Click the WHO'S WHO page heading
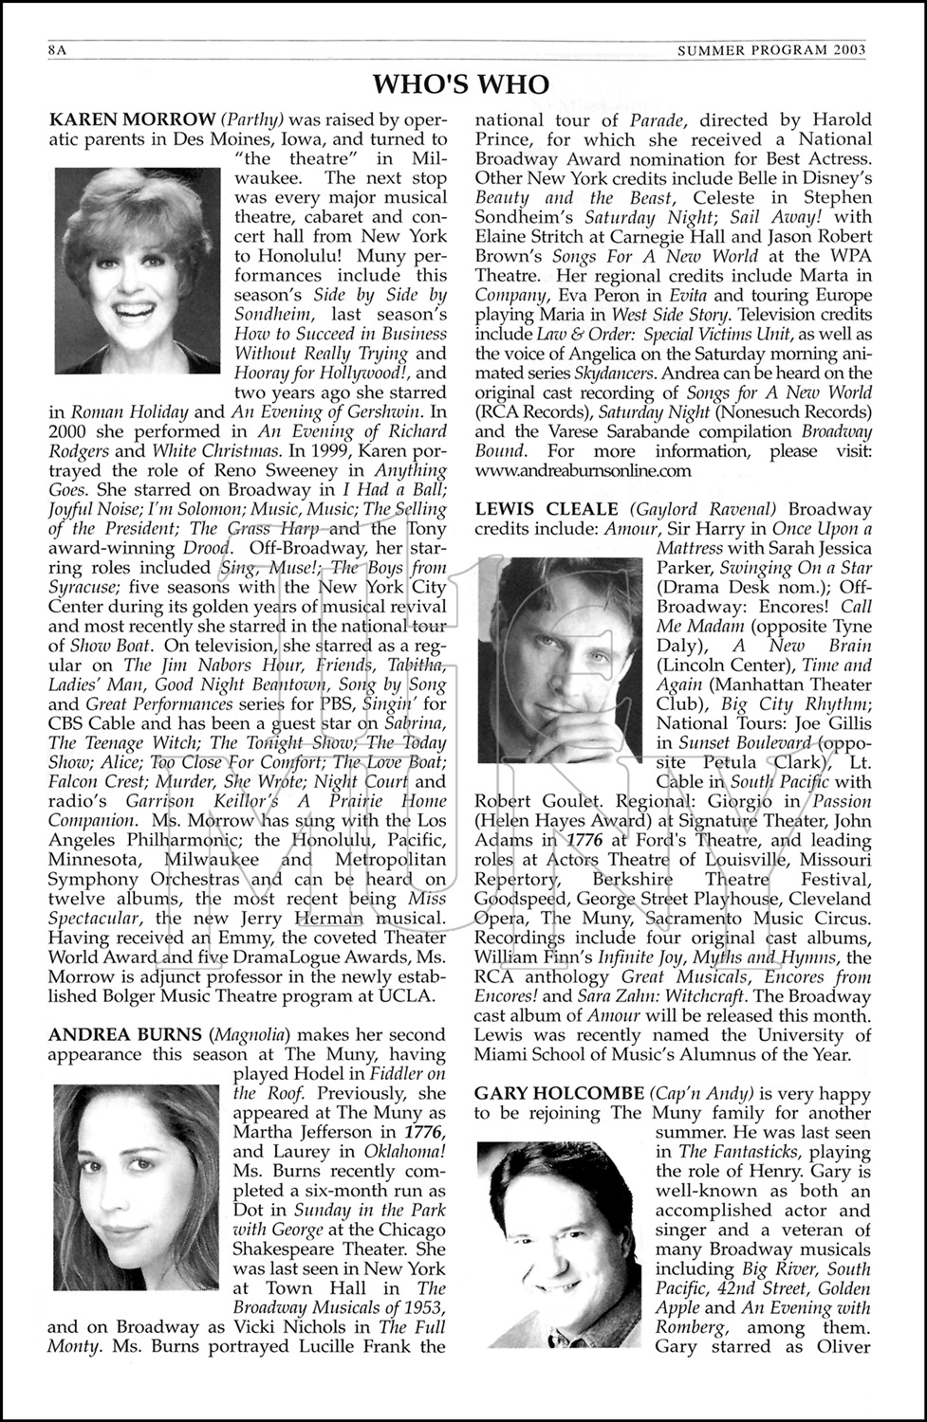pyautogui.click(x=461, y=85)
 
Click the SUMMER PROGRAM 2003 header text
pyautogui.click(x=771, y=50)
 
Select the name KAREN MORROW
pyautogui.click(x=132, y=119)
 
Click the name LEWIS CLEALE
pyautogui.click(x=547, y=509)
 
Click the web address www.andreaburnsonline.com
pyautogui.click(x=583, y=469)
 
